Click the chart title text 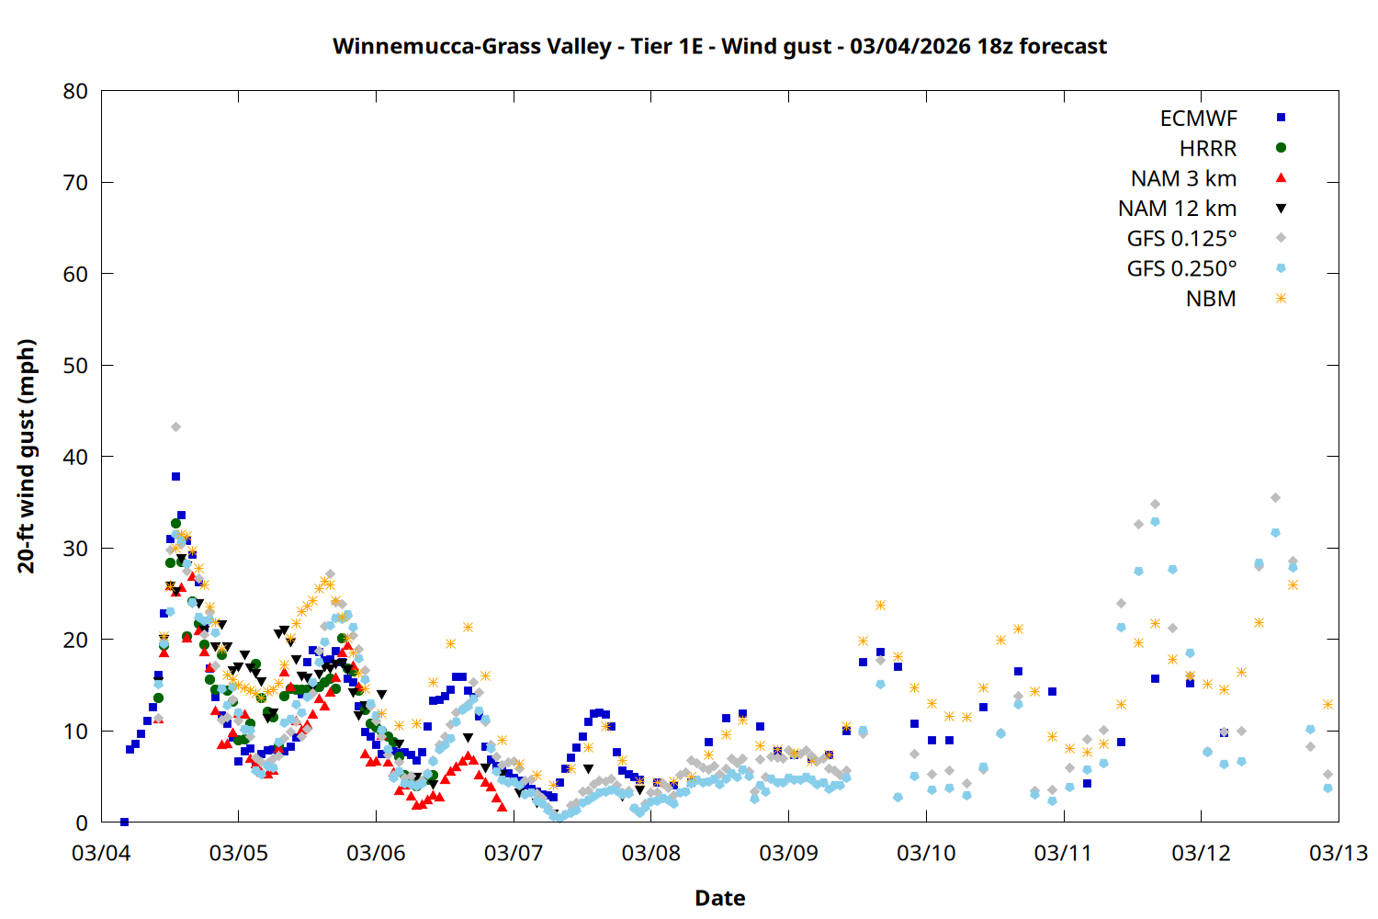(x=719, y=46)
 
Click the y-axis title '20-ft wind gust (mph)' (x=27, y=456)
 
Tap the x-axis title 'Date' (x=719, y=898)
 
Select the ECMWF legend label (x=1198, y=119)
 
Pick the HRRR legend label (x=1208, y=149)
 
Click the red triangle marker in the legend (x=1281, y=178)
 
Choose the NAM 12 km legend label (x=1177, y=209)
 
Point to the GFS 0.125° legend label (x=1181, y=239)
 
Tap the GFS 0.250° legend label (x=1181, y=269)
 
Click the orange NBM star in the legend (x=1281, y=299)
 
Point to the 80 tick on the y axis (x=76, y=91)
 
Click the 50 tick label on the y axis (x=76, y=366)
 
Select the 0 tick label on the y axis (x=83, y=823)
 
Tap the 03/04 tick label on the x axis (x=101, y=853)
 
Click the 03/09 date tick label (x=788, y=853)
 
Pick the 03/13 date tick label (x=1338, y=853)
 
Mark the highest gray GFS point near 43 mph (x=175, y=427)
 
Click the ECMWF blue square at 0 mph (x=124, y=822)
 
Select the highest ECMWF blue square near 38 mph (x=175, y=476)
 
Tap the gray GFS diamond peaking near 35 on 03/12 (x=1275, y=498)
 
